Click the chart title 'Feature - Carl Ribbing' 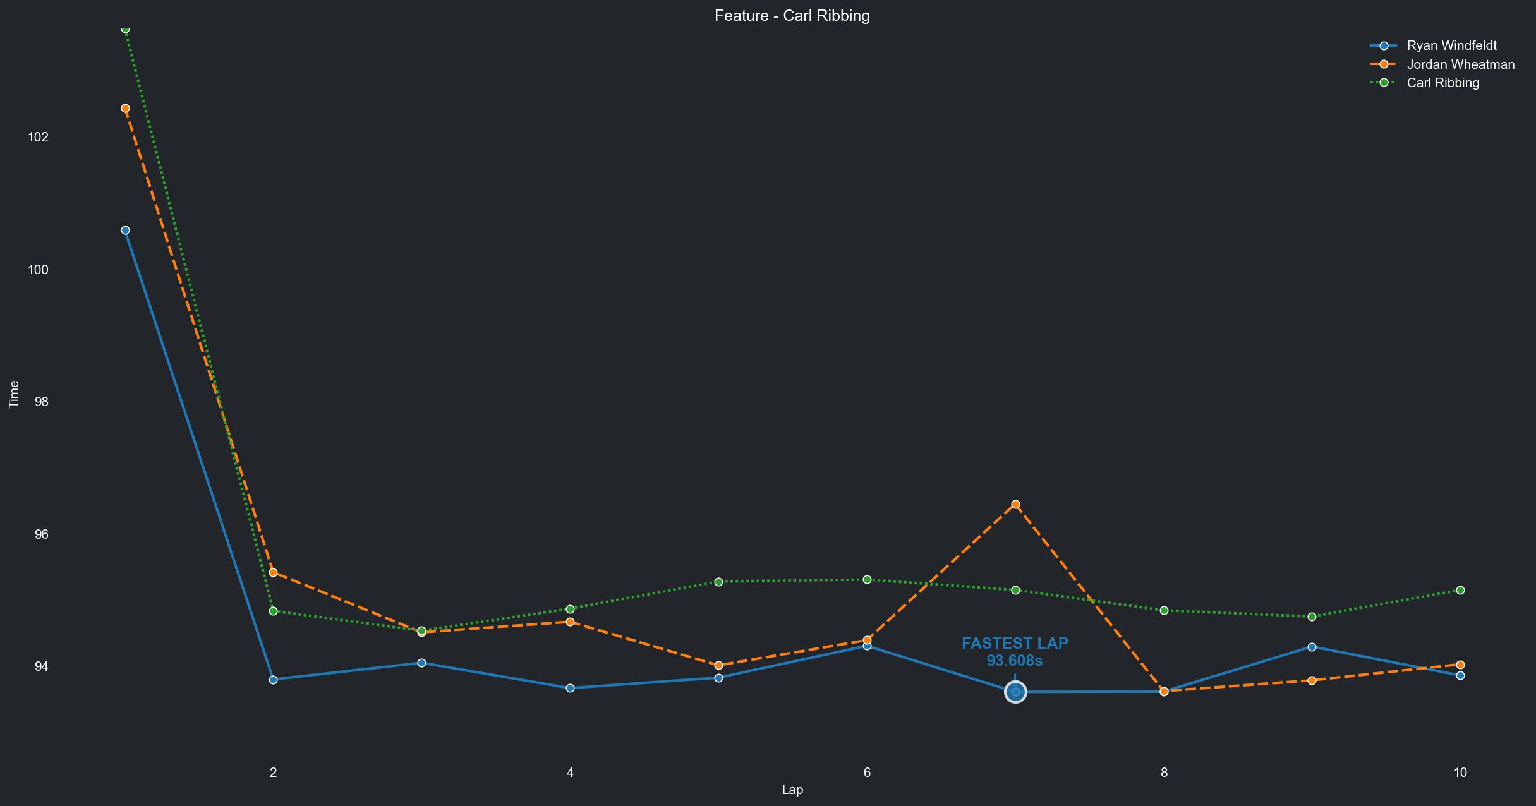click(792, 16)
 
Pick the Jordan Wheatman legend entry click(1460, 64)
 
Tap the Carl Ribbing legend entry click(1442, 83)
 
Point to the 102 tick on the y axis click(38, 137)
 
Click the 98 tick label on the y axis click(41, 402)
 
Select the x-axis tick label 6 click(867, 773)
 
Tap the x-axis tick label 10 click(1460, 773)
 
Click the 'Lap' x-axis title click(792, 790)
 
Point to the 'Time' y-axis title click(14, 395)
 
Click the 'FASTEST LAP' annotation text click(1015, 644)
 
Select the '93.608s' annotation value click(1015, 661)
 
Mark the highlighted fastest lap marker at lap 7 click(1015, 692)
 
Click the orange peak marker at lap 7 click(1015, 505)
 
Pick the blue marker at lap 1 click(125, 231)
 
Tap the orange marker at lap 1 click(125, 109)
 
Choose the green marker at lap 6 click(867, 580)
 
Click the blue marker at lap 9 click(1312, 647)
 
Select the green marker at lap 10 click(1460, 590)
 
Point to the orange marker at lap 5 click(718, 666)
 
